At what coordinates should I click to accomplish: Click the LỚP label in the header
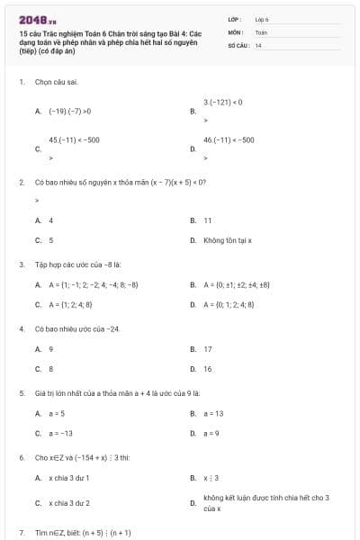(x=233, y=19)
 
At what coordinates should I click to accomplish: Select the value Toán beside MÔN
(x=261, y=31)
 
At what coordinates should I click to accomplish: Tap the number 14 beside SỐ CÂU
(x=258, y=44)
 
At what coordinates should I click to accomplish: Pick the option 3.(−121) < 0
(x=223, y=103)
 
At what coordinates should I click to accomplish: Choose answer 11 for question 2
(x=208, y=220)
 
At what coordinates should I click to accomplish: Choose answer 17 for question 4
(x=208, y=348)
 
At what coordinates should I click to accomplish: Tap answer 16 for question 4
(x=208, y=368)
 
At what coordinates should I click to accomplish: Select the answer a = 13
(x=213, y=413)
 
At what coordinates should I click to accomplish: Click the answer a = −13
(x=61, y=433)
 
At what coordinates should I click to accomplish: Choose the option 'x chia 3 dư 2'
(x=69, y=502)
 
